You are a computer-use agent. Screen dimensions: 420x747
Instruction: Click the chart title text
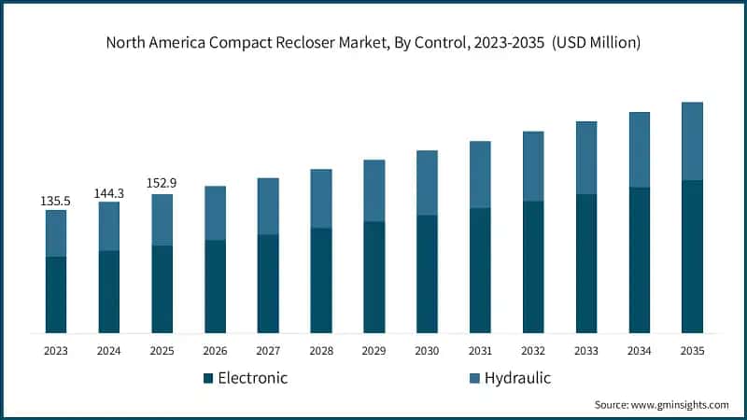click(373, 43)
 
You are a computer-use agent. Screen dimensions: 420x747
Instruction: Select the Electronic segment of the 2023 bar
click(56, 294)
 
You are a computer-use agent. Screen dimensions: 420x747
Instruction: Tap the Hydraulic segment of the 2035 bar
click(692, 141)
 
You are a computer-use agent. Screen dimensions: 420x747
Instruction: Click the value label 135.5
click(56, 201)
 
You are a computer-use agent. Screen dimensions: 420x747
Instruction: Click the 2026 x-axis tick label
click(215, 351)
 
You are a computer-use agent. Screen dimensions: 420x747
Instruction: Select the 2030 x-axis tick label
click(427, 351)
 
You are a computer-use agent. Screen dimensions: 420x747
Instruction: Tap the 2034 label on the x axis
click(639, 351)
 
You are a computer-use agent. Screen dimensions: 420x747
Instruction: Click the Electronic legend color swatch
click(208, 379)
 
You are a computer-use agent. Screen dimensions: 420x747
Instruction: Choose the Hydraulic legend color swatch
click(473, 379)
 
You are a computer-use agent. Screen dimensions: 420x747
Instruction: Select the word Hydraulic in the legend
click(518, 378)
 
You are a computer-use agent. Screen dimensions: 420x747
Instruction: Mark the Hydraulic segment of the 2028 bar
click(321, 198)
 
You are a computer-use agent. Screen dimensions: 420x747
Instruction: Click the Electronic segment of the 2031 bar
click(480, 270)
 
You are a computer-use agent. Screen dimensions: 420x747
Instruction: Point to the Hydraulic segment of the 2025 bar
click(162, 219)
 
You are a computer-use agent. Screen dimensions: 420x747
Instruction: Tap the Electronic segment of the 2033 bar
click(585, 263)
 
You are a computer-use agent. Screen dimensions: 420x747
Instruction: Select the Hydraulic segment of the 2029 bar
click(373, 190)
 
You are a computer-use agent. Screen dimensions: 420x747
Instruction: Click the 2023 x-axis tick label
click(56, 351)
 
